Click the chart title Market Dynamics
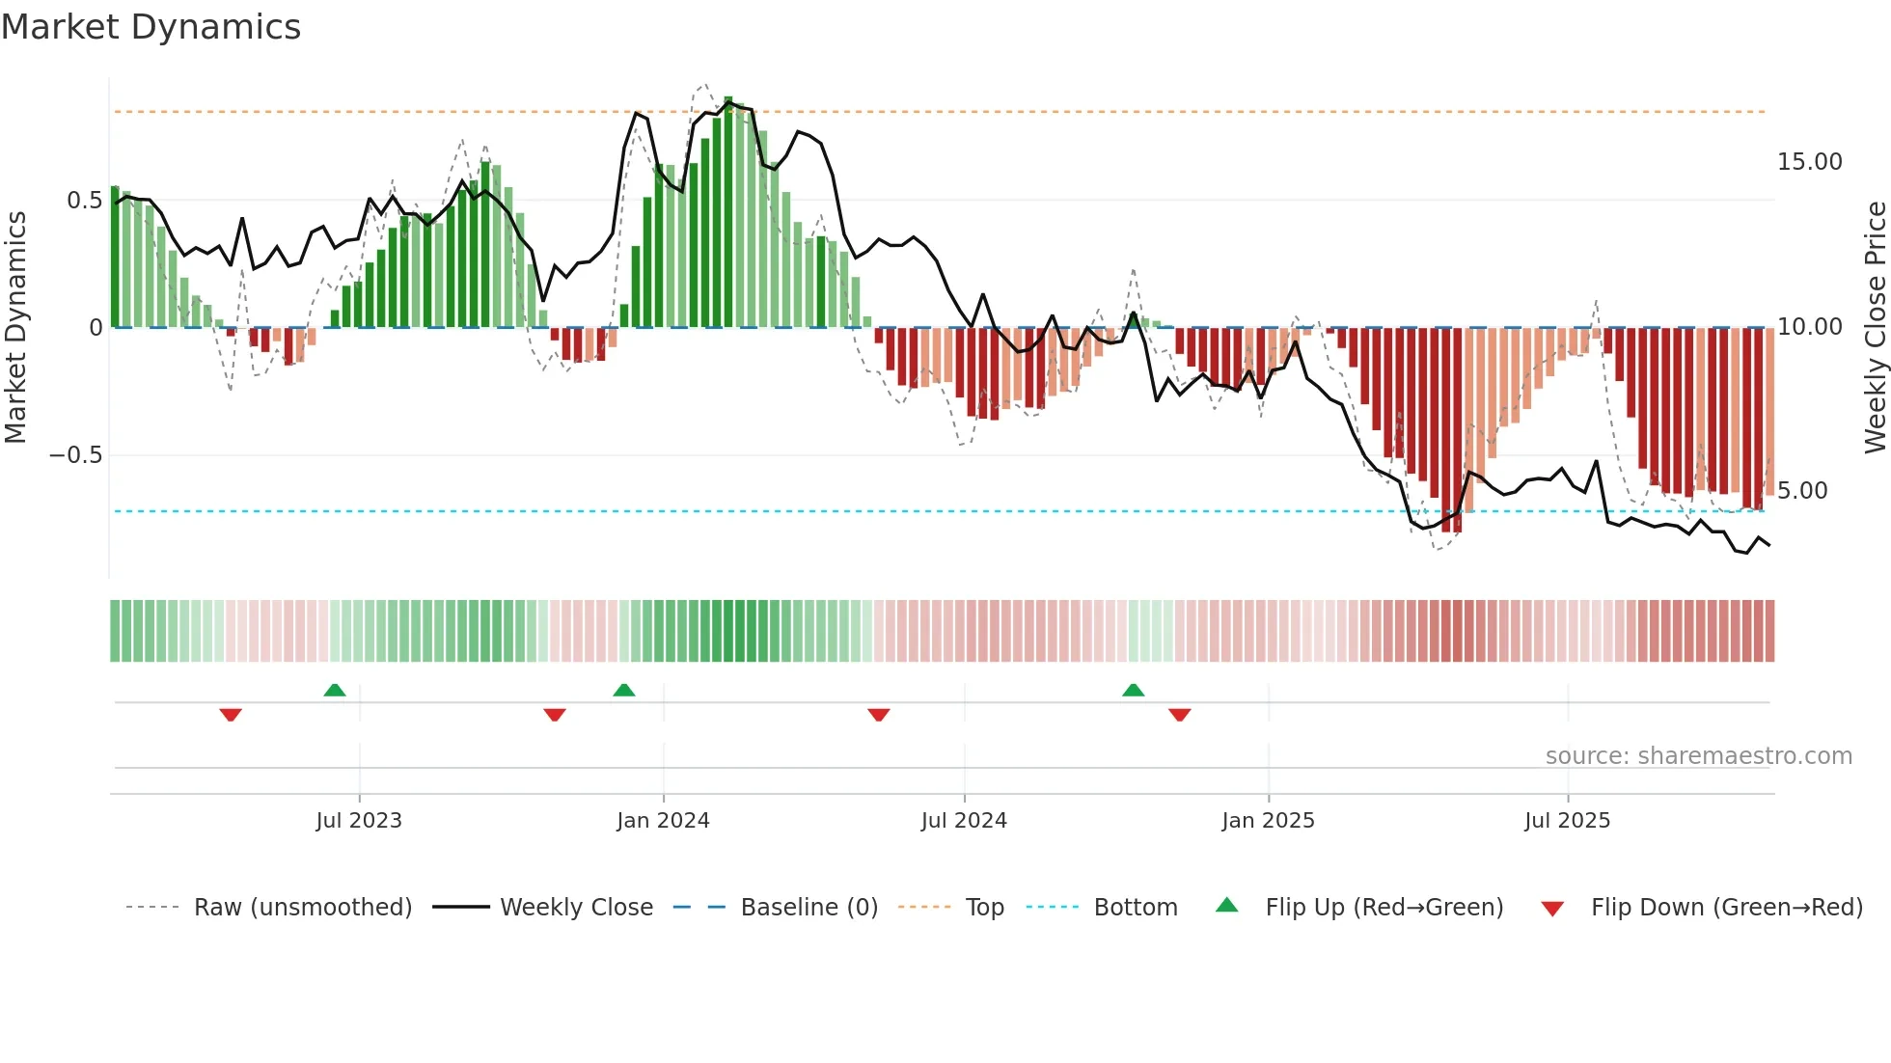(x=151, y=27)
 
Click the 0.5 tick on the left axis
(x=84, y=201)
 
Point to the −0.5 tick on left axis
(x=76, y=455)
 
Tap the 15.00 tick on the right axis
(x=1809, y=162)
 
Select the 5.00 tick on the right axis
(x=1802, y=491)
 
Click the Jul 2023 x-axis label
(x=359, y=821)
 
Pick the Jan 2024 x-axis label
(x=663, y=821)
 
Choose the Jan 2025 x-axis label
(x=1268, y=821)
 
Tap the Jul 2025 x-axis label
(x=1567, y=821)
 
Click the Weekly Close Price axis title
(x=1875, y=328)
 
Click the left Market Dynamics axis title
(x=16, y=328)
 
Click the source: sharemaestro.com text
(x=1698, y=756)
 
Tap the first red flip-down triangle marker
(x=231, y=715)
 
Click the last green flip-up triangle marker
(x=1134, y=690)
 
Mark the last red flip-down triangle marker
(x=1179, y=715)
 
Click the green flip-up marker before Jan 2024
(x=624, y=690)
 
